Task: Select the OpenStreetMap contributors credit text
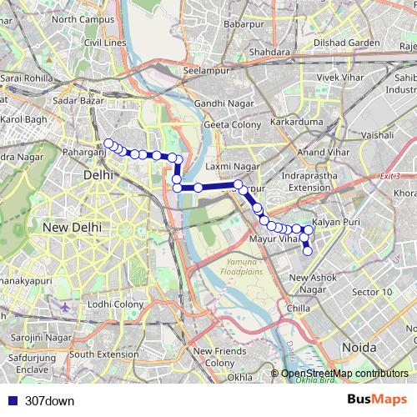[x=344, y=374]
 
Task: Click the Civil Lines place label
[x=103, y=42]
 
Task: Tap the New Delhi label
[x=72, y=227]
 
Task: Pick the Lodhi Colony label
[x=118, y=305]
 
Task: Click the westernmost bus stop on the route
[x=108, y=143]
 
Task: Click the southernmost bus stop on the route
[x=307, y=250]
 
